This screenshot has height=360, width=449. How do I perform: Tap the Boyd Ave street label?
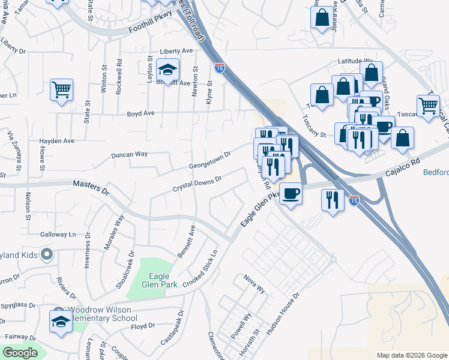[140, 113]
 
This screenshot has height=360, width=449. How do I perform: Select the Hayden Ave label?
[56, 141]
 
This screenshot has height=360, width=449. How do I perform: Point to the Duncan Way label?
[129, 154]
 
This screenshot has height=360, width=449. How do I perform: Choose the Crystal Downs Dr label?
[197, 184]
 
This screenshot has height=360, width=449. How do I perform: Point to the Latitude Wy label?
[355, 61]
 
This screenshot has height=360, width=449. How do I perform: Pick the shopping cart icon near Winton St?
[62, 90]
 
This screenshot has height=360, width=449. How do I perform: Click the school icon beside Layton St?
[168, 70]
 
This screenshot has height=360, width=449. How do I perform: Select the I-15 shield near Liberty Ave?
[220, 68]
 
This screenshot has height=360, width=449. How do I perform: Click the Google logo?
[20, 353]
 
